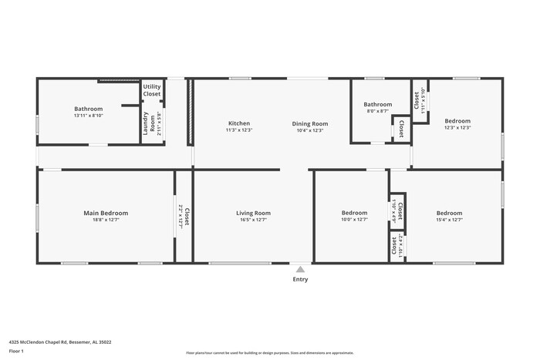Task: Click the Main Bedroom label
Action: click(106, 213)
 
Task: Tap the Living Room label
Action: click(253, 213)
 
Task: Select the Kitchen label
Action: click(238, 123)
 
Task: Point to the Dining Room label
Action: click(309, 123)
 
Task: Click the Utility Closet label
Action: click(152, 90)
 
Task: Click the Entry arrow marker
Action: click(300, 269)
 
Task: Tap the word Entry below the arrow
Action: click(300, 279)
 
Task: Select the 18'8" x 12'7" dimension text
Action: click(106, 220)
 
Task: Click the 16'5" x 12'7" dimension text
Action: click(253, 220)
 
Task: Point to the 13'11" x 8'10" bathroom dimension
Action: click(88, 116)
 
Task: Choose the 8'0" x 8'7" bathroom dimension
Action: click(378, 111)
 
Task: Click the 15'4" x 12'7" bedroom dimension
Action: click(449, 220)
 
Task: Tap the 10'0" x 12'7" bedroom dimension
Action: click(354, 220)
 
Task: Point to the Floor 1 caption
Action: click(16, 352)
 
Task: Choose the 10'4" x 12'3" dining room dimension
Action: click(309, 130)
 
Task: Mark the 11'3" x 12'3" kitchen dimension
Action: click(238, 130)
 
